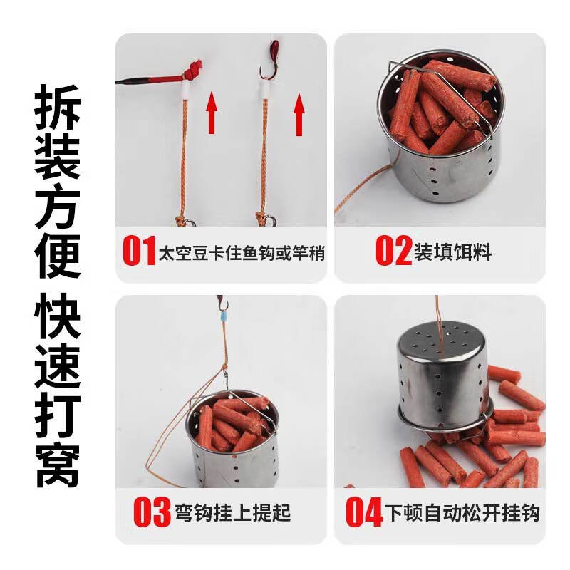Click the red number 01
click(139, 252)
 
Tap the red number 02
click(393, 252)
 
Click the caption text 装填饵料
click(452, 252)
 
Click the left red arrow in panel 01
click(212, 114)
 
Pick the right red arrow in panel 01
click(299, 114)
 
